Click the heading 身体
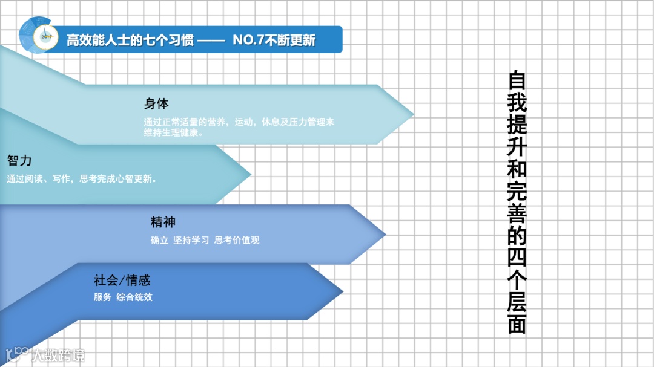click(156, 103)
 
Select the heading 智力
click(19, 161)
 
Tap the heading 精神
click(163, 222)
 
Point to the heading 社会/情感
click(122, 280)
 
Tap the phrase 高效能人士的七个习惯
click(130, 41)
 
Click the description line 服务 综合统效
click(123, 297)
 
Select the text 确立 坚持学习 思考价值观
click(205, 240)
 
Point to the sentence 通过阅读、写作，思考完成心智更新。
click(82, 179)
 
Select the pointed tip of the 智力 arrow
click(249, 175)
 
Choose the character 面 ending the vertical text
click(517, 324)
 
